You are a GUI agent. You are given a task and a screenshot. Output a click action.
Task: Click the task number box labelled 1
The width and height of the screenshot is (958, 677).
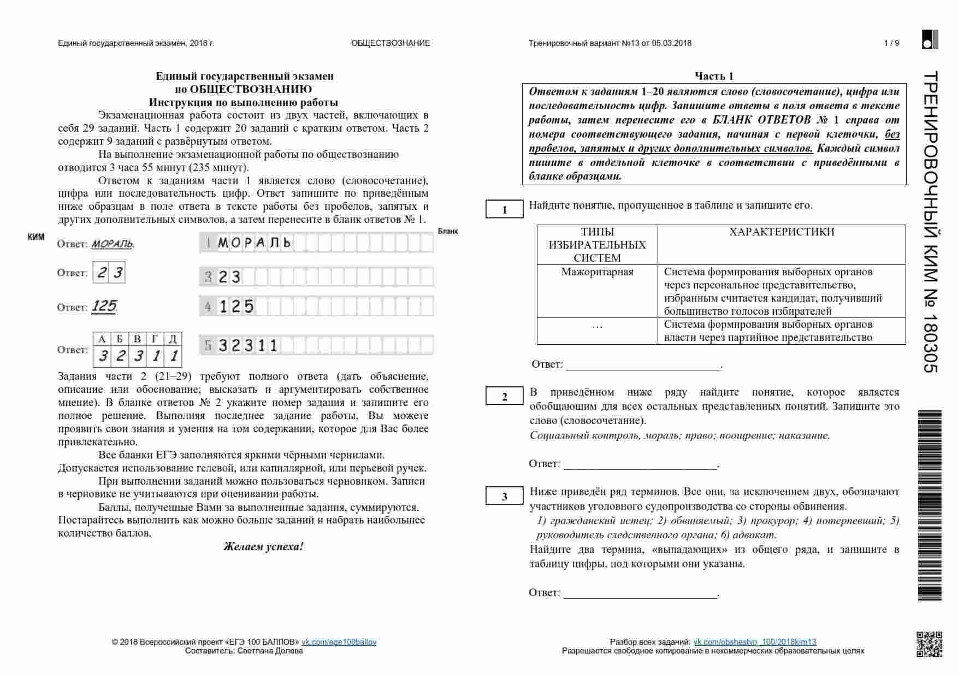pos(504,210)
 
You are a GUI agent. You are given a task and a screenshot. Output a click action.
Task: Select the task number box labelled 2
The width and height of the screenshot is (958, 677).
pos(504,397)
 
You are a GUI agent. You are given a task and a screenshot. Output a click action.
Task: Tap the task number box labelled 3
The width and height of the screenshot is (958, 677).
pos(504,496)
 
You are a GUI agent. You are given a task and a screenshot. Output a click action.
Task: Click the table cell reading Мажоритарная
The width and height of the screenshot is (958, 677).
pos(597,272)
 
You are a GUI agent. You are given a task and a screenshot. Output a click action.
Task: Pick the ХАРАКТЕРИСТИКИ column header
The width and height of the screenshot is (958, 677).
pos(782,232)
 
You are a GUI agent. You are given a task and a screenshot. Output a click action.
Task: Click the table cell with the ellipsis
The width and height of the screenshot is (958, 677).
pos(597,326)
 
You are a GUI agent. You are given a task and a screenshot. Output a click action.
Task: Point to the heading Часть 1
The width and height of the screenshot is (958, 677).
pos(714,76)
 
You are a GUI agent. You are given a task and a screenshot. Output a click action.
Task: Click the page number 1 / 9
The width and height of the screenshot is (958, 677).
pos(891,43)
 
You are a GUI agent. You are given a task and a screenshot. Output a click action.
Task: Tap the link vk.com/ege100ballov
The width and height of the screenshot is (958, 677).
pos(339,642)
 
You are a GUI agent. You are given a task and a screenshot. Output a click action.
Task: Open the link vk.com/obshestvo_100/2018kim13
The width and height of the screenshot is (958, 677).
pos(754,642)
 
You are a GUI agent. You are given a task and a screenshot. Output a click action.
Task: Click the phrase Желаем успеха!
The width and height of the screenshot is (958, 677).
pos(263,546)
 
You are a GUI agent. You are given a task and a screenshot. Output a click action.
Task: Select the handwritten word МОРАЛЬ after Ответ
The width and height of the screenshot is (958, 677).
pos(112,244)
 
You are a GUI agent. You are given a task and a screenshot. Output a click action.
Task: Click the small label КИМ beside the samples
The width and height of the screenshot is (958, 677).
pos(36,237)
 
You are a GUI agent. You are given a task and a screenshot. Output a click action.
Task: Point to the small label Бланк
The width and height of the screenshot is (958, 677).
pos(447,231)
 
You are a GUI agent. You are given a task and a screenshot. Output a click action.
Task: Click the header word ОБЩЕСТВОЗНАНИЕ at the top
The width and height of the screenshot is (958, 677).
pos(391,43)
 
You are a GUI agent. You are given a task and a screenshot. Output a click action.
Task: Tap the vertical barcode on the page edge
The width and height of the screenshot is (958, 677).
pos(930,505)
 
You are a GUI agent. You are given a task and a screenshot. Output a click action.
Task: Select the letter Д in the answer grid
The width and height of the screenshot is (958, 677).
pos(173,339)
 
